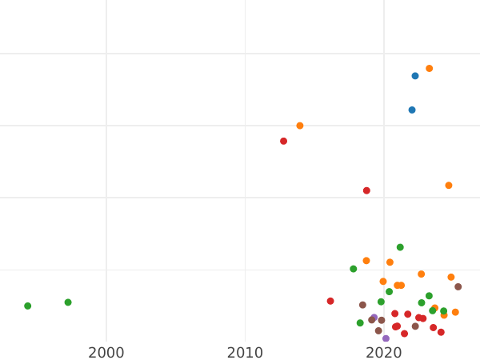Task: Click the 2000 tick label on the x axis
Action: point(106,353)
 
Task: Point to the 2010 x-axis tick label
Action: point(245,353)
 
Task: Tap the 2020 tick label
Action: point(384,353)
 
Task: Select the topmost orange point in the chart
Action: point(430,69)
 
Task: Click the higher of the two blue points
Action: point(415,76)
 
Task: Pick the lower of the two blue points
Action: point(412,110)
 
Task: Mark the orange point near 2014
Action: point(300,126)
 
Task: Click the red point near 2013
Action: point(283,141)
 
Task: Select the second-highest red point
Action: point(366,190)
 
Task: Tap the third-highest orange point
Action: point(449,186)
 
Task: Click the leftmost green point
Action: point(27,306)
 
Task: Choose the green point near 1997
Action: point(68,302)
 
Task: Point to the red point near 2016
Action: point(330,301)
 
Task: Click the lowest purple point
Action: point(386,338)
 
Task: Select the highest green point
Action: point(400,247)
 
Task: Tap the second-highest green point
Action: point(354,269)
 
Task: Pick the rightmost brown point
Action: point(458,286)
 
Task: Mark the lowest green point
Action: point(360,323)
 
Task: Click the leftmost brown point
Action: point(362,305)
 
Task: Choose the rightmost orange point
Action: point(455,312)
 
